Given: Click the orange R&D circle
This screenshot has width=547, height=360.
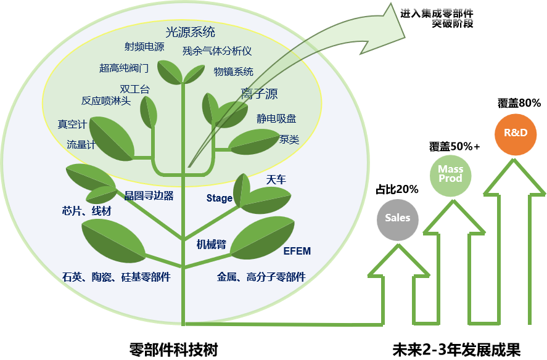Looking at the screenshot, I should [x=516, y=134].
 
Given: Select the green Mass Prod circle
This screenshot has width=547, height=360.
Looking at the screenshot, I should [x=450, y=174].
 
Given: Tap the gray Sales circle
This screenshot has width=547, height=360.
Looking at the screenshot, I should [x=398, y=219].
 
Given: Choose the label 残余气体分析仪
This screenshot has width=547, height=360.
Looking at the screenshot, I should [x=217, y=52].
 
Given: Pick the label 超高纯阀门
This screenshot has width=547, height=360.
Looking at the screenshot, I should [x=124, y=68].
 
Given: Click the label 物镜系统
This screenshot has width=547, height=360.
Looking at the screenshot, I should [x=234, y=72].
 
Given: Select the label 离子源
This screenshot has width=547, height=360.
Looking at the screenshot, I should [x=259, y=94].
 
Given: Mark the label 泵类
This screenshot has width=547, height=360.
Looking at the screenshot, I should [x=289, y=140].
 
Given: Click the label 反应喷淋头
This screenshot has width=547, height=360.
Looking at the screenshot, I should [x=106, y=101].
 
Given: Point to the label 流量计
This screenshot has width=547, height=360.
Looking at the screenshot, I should [x=81, y=145].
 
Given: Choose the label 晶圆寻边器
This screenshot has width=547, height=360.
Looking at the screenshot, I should [x=149, y=196].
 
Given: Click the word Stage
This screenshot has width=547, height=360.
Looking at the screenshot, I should [x=219, y=198].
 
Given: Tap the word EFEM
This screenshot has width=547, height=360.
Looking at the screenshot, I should [x=297, y=252].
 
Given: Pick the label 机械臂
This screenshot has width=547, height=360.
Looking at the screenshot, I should [x=212, y=245].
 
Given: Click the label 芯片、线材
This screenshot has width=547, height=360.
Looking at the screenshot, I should [x=87, y=211].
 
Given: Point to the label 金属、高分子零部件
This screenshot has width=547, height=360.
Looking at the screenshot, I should [x=261, y=277].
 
